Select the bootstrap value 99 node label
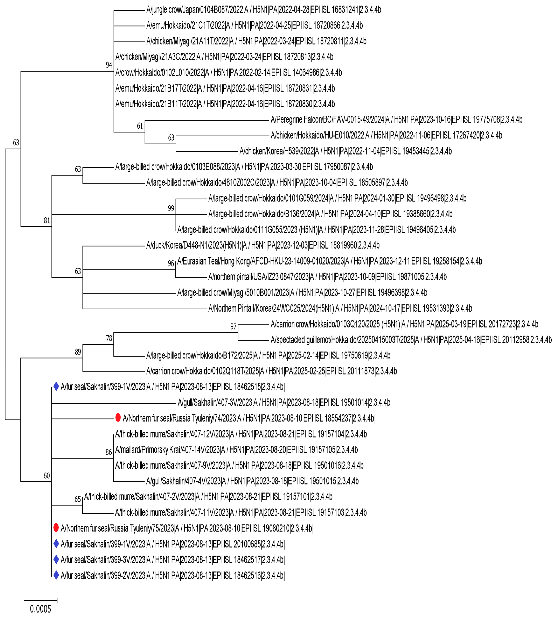coord(171,208)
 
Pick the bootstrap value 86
coord(109,452)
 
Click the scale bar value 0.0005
coord(40,609)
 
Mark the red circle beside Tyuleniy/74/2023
coord(118,418)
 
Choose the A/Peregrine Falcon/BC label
coord(396,120)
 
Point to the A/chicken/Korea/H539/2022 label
coord(345,151)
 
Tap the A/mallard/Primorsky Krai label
coord(236,450)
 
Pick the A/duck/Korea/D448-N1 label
coord(263,245)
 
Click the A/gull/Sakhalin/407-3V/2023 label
coord(284,402)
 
